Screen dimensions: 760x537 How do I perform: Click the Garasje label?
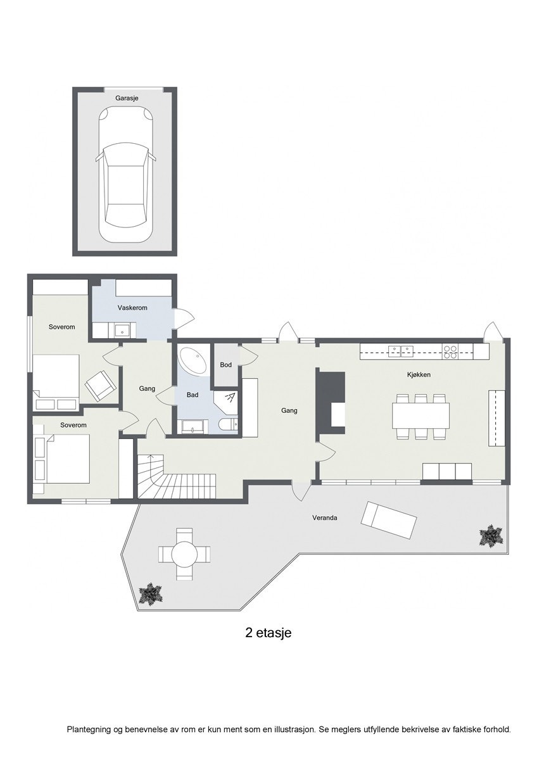tap(127, 98)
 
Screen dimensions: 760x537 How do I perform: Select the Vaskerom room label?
tap(132, 308)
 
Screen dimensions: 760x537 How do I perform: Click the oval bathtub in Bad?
tap(194, 361)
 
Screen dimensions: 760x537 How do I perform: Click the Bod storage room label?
tap(226, 365)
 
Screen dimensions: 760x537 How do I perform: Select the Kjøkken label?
tap(419, 375)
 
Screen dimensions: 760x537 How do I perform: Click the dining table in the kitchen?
tap(420, 416)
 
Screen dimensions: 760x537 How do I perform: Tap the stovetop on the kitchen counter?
tap(450, 351)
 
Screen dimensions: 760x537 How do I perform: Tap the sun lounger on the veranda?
tap(388, 521)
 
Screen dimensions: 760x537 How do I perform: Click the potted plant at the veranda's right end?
tap(490, 536)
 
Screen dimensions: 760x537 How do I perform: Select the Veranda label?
tap(324, 518)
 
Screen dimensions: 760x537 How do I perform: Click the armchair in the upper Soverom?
tap(101, 385)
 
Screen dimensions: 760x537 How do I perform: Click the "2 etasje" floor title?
tap(268, 632)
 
